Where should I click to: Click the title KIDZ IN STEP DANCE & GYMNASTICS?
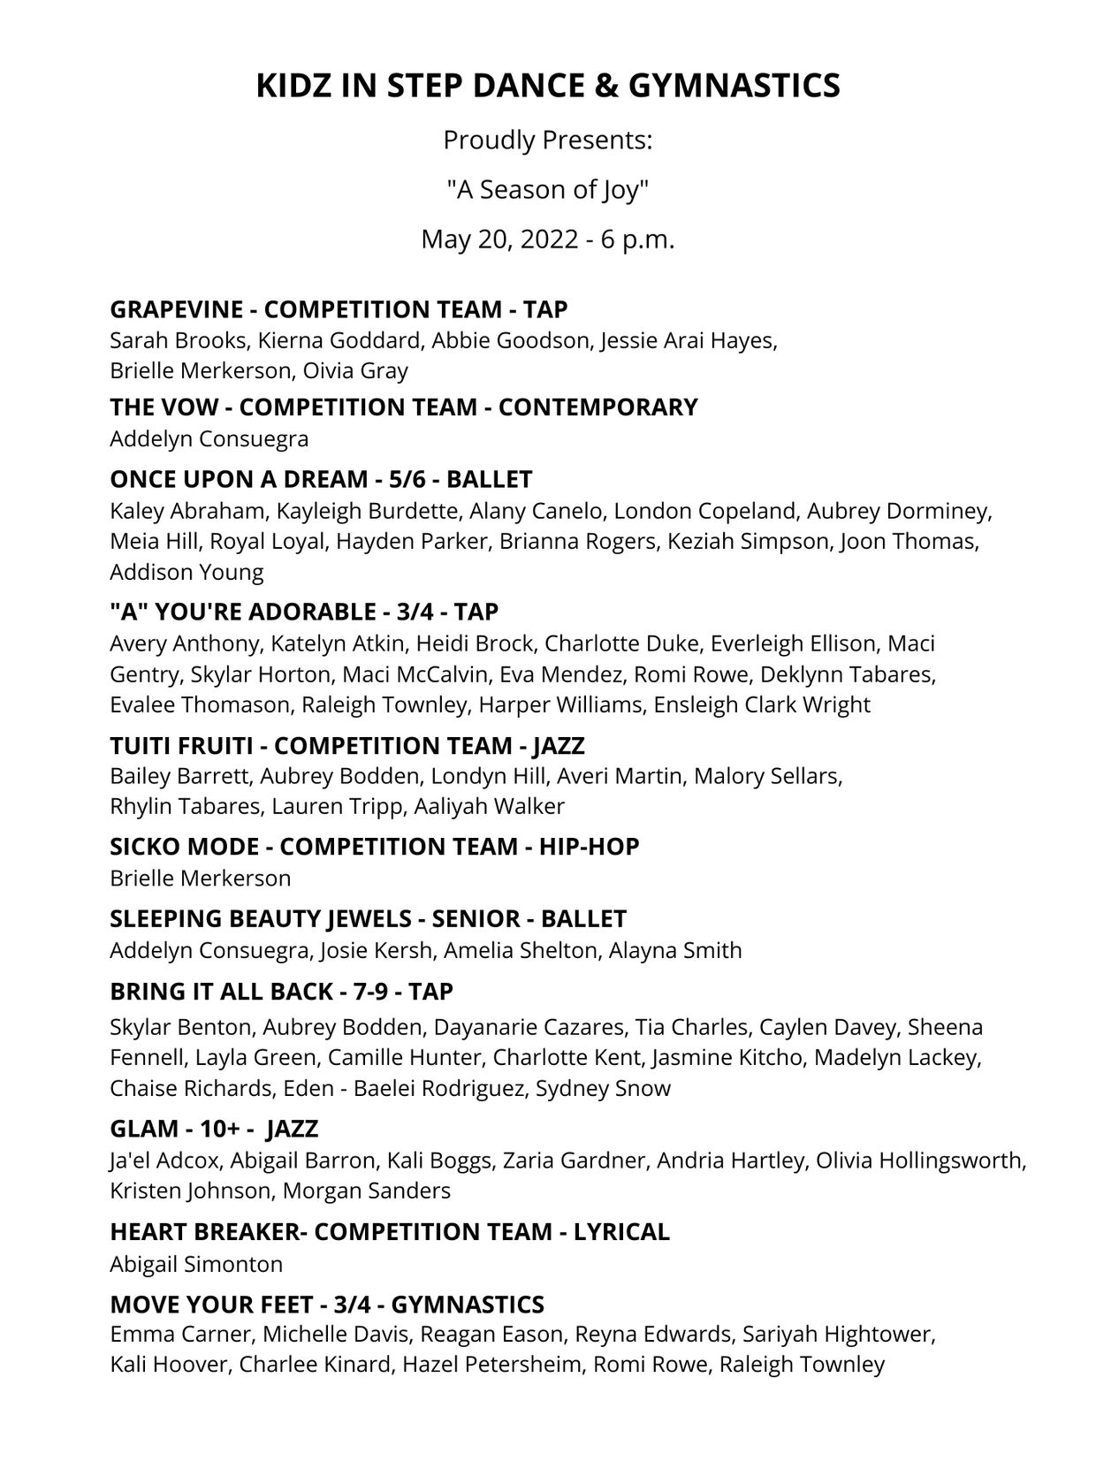pyautogui.click(x=547, y=86)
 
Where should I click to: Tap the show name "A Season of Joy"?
pyautogui.click(x=547, y=189)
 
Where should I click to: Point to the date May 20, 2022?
pyautogui.click(x=499, y=240)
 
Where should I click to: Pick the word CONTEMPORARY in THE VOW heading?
pyautogui.click(x=597, y=407)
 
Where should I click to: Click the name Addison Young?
pyautogui.click(x=186, y=572)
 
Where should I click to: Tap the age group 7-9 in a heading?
pyautogui.click(x=371, y=992)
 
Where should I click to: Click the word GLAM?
pyautogui.click(x=141, y=1130)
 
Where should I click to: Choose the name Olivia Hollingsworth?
pyautogui.click(x=920, y=1160)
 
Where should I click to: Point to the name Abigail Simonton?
pyautogui.click(x=196, y=1264)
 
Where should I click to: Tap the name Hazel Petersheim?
pyautogui.click(x=491, y=1364)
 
